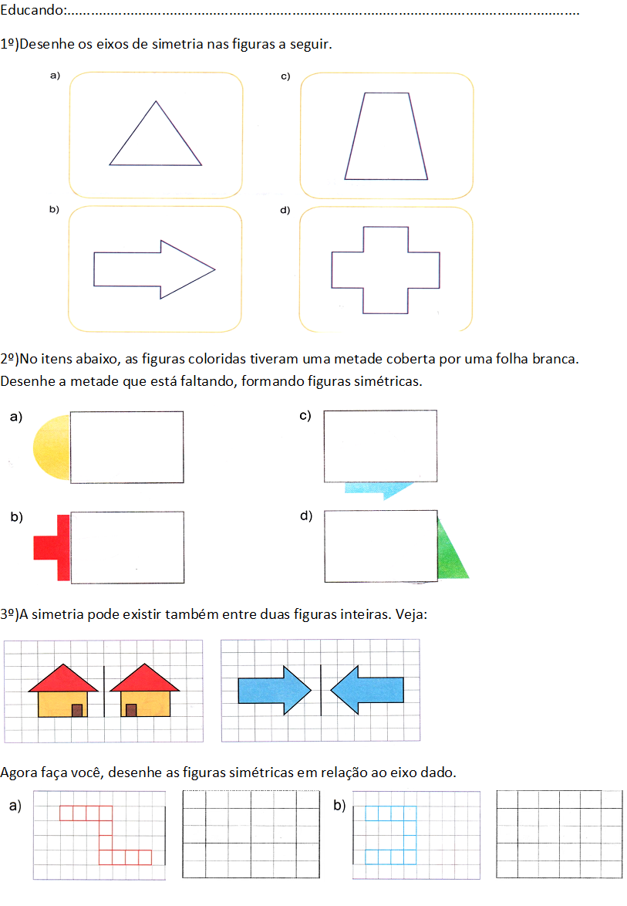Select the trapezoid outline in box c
tap(386, 137)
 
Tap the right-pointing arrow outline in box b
tap(154, 269)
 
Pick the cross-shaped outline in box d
tap(386, 269)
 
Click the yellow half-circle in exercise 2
tap(52, 447)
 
